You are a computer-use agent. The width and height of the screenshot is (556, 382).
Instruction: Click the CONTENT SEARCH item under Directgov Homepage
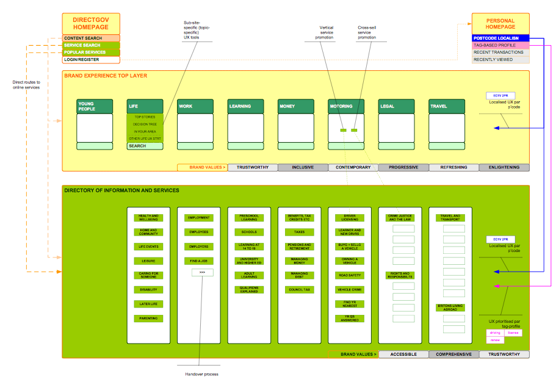91,38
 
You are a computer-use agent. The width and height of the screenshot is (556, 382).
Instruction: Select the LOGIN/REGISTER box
91,60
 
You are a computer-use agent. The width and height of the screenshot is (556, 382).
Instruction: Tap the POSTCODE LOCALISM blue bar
500,38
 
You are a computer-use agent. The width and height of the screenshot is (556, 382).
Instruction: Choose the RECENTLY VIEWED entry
500,60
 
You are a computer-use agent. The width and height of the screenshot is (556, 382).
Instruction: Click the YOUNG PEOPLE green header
95,106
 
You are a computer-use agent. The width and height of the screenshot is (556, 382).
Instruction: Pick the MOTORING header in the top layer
346,106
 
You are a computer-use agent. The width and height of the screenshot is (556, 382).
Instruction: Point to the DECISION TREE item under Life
145,124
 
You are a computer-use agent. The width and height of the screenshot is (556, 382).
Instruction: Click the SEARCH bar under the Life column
145,146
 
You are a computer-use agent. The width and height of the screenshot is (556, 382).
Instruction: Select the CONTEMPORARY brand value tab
353,167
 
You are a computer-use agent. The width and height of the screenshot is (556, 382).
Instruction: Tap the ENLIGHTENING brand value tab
504,167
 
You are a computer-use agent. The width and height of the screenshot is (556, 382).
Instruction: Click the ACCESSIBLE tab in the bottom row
403,354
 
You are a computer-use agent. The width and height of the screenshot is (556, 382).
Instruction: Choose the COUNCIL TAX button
299,290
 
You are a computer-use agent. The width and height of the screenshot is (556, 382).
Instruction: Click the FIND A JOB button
199,261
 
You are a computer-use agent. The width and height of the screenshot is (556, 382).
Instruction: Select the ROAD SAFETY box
350,276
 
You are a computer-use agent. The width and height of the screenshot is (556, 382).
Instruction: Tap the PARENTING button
148,319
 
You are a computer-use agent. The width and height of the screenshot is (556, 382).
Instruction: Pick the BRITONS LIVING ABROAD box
450,308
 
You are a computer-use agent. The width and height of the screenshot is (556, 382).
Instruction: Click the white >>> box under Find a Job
202,272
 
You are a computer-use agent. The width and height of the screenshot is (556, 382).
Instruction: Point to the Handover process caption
201,374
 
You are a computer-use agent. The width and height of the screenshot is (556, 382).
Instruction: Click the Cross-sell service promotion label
367,32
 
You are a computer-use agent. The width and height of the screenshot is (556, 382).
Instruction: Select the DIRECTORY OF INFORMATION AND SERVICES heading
122,190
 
